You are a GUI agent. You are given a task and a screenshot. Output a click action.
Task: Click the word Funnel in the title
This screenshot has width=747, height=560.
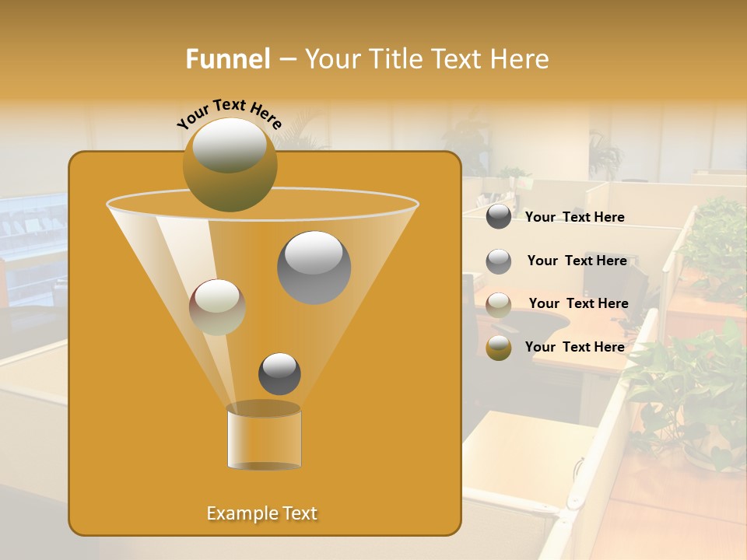[x=228, y=59]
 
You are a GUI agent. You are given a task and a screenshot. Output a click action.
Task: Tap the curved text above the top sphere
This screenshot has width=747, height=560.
[x=229, y=112]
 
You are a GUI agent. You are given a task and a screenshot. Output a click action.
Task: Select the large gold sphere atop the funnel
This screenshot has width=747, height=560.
[x=230, y=165]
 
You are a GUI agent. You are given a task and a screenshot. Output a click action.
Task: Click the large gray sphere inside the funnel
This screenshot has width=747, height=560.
[x=314, y=267]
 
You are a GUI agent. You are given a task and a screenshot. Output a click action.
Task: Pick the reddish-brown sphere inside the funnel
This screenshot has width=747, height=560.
[x=217, y=307]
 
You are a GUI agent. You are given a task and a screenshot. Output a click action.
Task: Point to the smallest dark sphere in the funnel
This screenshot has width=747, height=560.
[x=279, y=373]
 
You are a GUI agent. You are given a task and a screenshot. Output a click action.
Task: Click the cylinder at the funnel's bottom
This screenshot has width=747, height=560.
[x=264, y=437]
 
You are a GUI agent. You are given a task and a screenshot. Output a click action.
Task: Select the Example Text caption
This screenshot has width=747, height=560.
[x=261, y=513]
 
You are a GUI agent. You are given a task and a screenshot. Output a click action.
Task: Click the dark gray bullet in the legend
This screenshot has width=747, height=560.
[x=499, y=217]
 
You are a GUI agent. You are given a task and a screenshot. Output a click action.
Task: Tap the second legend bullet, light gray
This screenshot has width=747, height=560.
[x=499, y=261]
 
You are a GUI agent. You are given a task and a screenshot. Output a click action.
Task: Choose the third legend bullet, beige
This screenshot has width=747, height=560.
[x=499, y=304]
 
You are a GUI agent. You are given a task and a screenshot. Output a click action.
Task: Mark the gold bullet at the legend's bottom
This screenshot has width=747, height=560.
[x=499, y=348]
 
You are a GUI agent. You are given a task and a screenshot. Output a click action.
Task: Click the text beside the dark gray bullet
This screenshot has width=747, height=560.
[x=574, y=218]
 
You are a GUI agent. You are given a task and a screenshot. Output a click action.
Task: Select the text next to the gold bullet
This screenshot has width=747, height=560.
[x=574, y=347]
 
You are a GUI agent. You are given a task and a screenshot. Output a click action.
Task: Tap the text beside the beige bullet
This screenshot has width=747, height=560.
[x=578, y=303]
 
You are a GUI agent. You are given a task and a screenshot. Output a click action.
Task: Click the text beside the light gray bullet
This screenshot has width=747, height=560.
[x=577, y=261]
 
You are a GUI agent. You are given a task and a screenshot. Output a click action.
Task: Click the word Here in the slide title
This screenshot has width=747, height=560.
[x=521, y=59]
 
